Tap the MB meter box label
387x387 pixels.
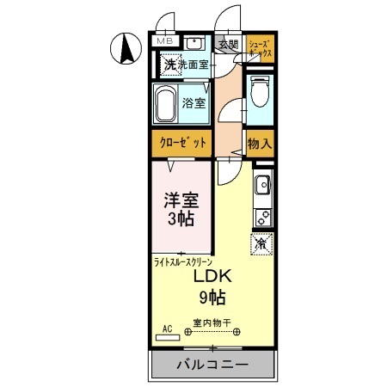click(x=163, y=40)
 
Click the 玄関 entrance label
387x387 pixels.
click(x=227, y=44)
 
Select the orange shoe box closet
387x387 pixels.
click(x=260, y=48)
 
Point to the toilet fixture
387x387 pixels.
click(x=261, y=93)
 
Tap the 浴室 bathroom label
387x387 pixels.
click(x=194, y=104)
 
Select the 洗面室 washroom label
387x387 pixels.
click(x=193, y=64)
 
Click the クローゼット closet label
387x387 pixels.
click(x=182, y=144)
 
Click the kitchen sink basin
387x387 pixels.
click(x=261, y=184)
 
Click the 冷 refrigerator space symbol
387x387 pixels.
click(x=261, y=243)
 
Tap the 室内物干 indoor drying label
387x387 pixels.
click(x=211, y=323)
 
